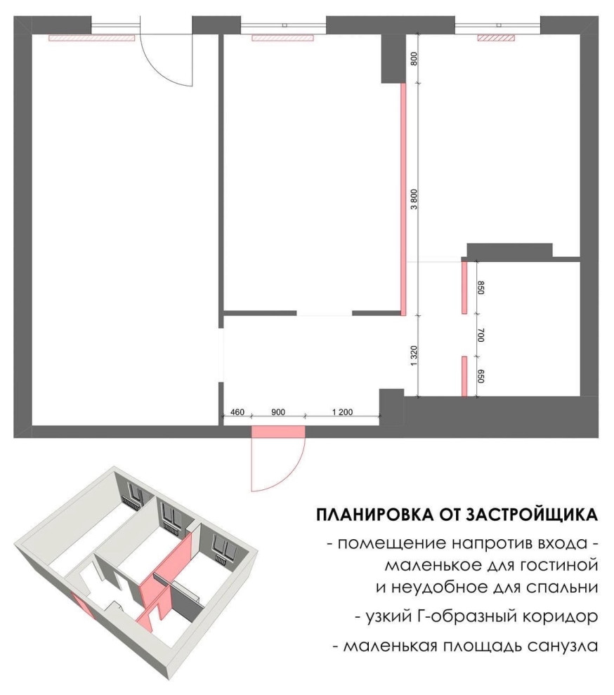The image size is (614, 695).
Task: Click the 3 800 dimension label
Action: [x=414, y=199]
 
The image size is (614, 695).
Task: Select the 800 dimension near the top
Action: [x=414, y=59]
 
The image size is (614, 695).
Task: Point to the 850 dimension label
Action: [x=480, y=287]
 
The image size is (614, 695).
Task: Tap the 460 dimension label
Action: [x=237, y=412]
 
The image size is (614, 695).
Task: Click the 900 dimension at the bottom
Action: [x=277, y=412]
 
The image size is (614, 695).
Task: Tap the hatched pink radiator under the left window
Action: [x=91, y=38]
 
